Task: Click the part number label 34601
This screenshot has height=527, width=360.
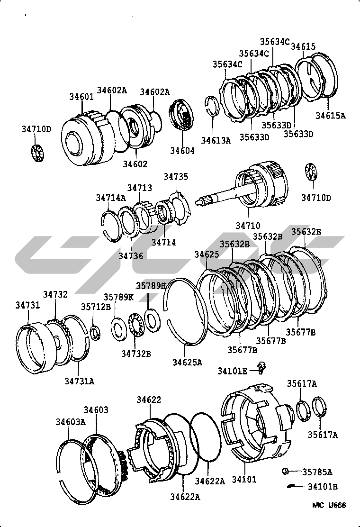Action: (x=81, y=97)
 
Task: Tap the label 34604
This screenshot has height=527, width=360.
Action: (x=182, y=151)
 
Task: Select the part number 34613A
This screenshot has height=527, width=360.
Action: (x=216, y=140)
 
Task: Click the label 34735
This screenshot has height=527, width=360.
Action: (x=176, y=176)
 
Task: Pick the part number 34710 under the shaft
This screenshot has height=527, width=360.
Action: (x=248, y=225)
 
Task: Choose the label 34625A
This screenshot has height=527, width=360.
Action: (x=188, y=362)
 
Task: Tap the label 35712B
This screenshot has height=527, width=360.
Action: (x=96, y=307)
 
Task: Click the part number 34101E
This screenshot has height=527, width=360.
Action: (x=233, y=371)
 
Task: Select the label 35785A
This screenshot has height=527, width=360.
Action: (x=317, y=472)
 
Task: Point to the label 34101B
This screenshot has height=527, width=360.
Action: (x=323, y=486)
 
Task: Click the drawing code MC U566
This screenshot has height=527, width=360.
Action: (x=329, y=505)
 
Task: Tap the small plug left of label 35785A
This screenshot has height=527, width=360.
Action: (x=285, y=471)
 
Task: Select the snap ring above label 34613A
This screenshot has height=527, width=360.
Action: (x=212, y=106)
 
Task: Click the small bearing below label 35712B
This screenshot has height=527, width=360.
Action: (x=95, y=333)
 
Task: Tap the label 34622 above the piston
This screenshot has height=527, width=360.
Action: (x=149, y=400)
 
